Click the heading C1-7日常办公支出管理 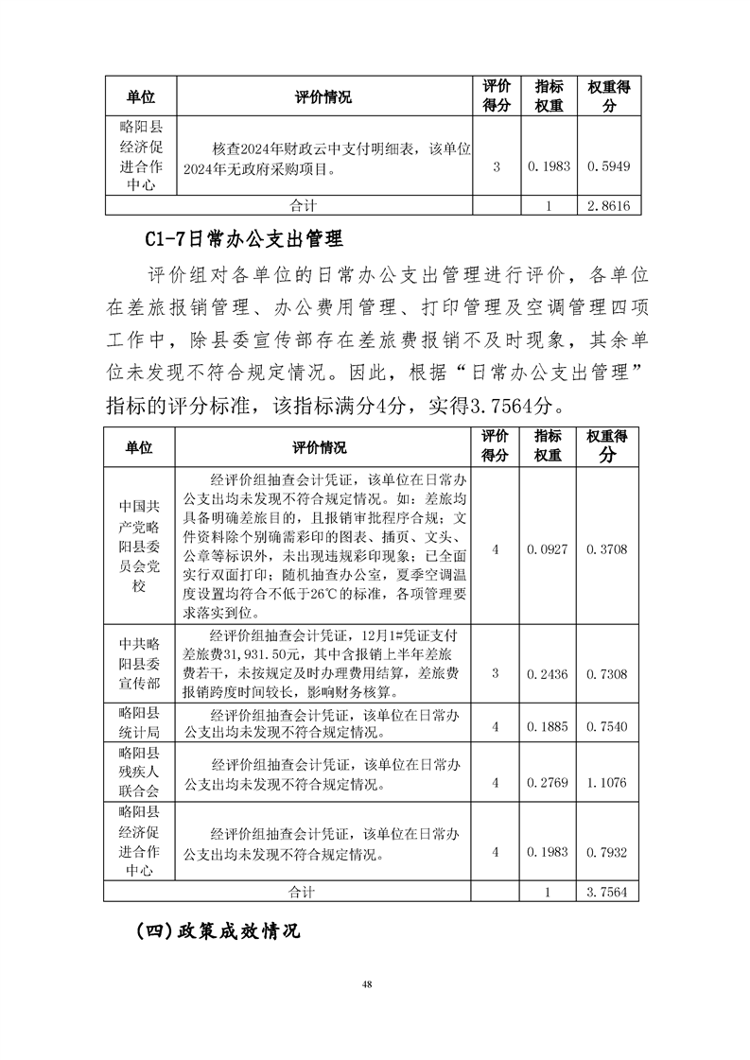click(244, 236)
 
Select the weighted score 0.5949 click(608, 165)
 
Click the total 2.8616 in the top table click(608, 205)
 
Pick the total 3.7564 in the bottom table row click(608, 891)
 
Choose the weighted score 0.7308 click(608, 672)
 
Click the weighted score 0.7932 click(608, 852)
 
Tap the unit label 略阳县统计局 click(140, 723)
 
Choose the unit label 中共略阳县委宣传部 click(140, 662)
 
